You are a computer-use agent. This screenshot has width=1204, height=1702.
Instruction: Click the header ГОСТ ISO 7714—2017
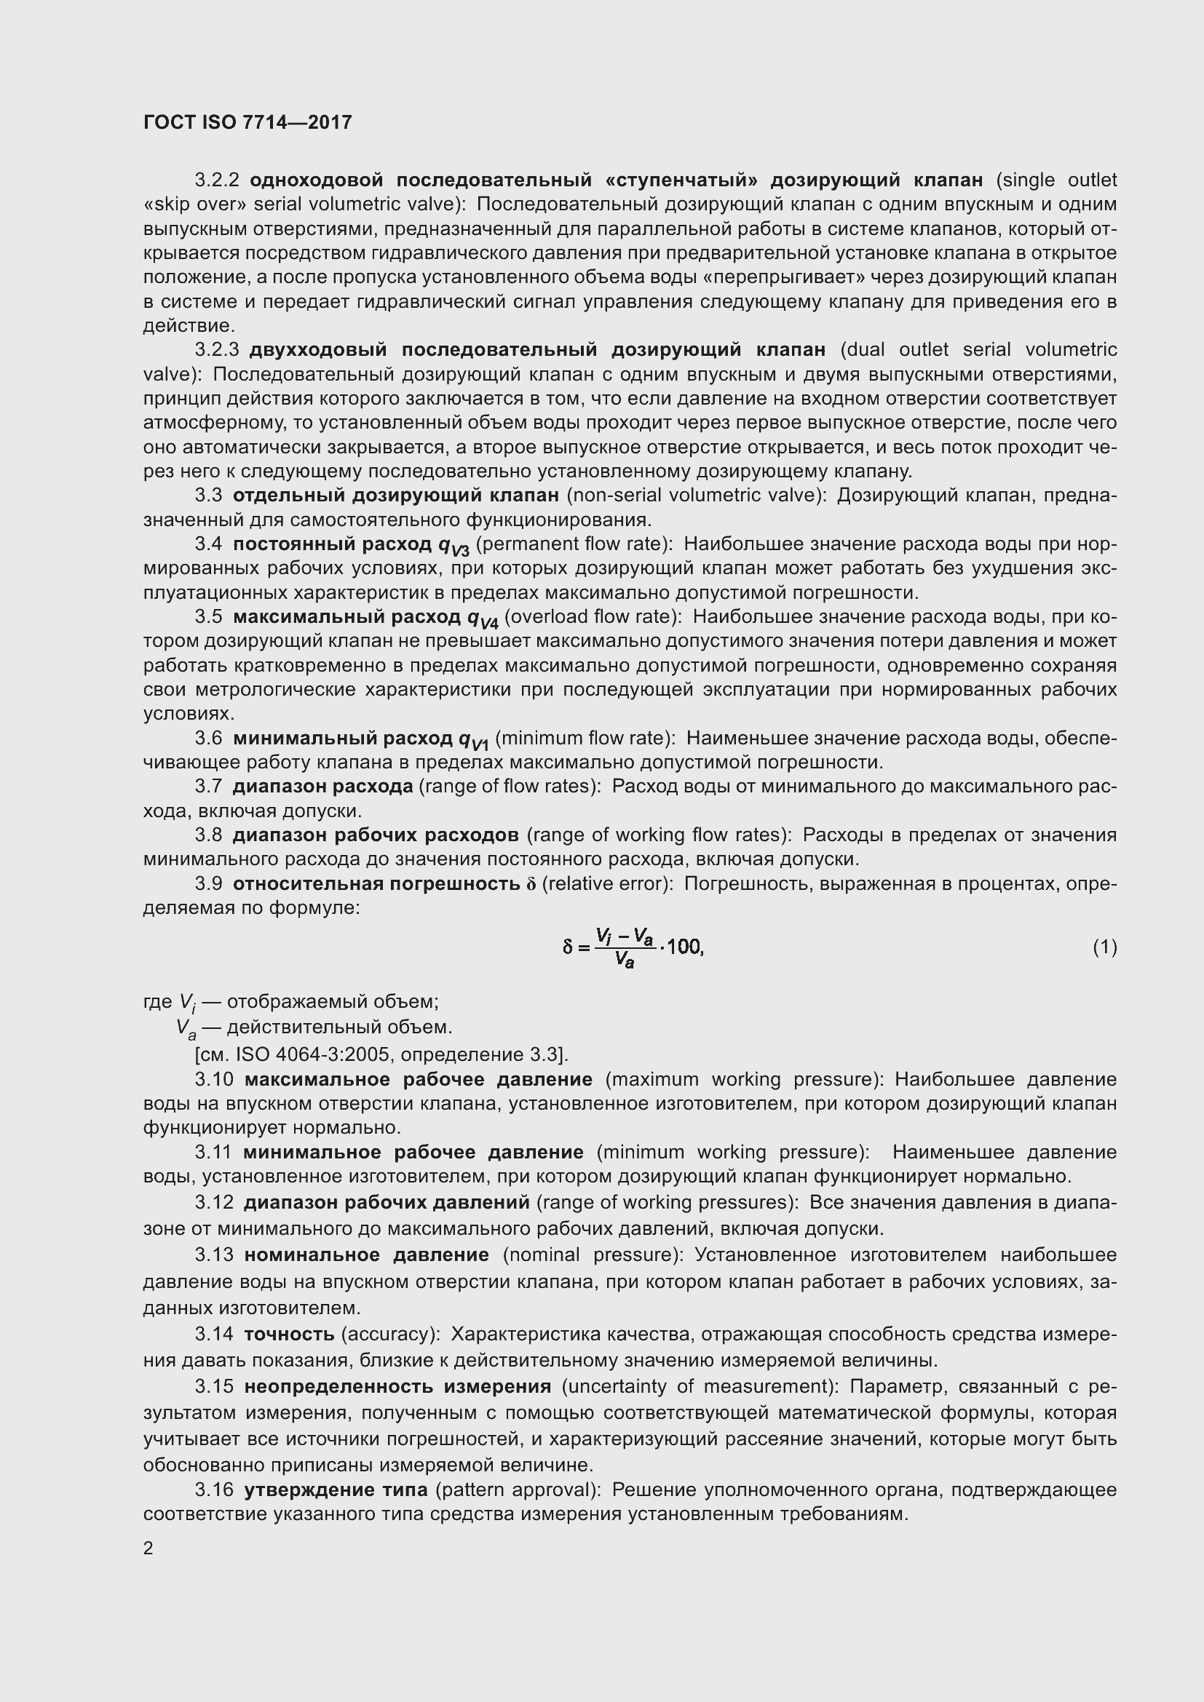click(x=247, y=122)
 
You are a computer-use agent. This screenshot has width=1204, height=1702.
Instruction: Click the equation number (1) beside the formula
click(x=1104, y=947)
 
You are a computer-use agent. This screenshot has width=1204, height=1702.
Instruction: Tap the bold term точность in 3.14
click(x=289, y=1335)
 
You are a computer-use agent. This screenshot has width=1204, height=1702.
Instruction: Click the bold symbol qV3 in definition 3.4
click(x=454, y=546)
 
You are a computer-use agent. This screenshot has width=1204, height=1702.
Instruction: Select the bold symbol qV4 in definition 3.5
click(x=482, y=619)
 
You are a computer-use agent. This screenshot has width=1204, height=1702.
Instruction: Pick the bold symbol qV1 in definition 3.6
click(x=473, y=740)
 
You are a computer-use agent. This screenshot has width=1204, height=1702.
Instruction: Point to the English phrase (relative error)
click(x=607, y=883)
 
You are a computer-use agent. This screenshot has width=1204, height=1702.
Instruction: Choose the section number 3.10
click(x=214, y=1079)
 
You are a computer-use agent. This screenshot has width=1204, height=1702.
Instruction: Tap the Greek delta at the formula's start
click(x=568, y=947)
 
